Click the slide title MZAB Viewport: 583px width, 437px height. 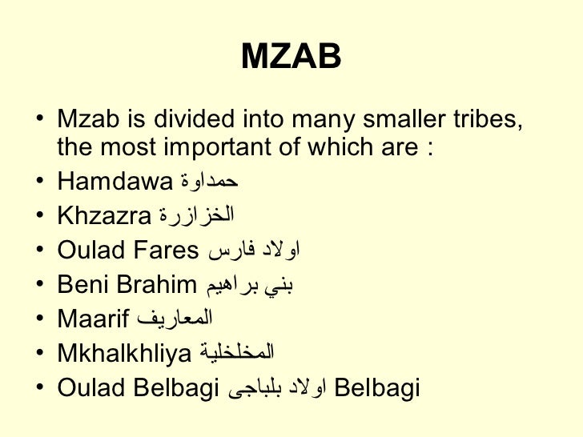point(291,56)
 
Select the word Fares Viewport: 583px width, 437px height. point(163,251)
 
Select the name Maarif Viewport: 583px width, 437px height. point(93,319)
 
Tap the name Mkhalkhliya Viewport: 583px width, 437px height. point(124,354)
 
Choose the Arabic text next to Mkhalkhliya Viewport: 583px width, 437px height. point(235,354)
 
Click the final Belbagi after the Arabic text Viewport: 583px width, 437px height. point(376,388)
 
